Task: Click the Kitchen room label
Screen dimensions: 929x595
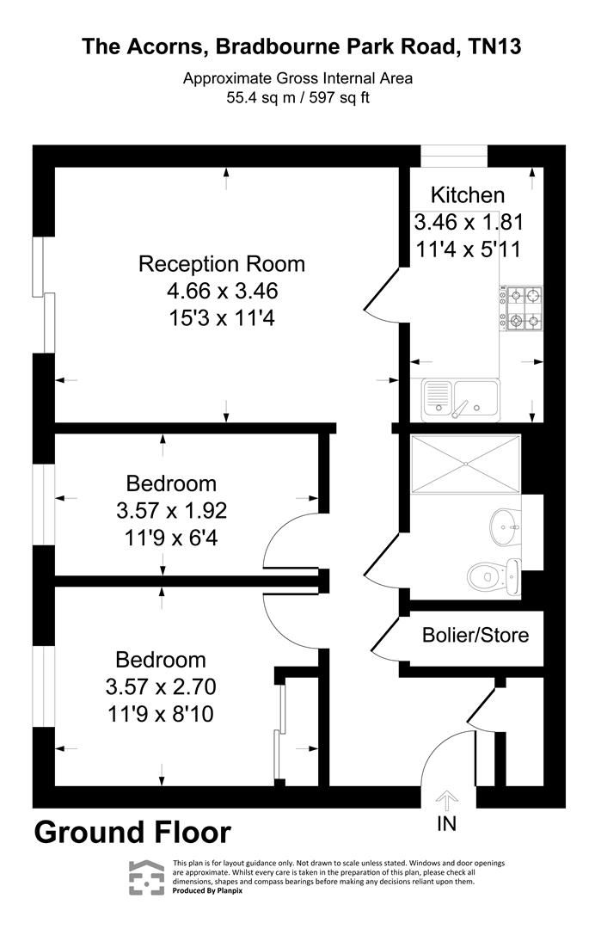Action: pos(468,194)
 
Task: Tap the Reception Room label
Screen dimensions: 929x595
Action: pos(222,263)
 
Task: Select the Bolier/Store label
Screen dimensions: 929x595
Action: pos(475,636)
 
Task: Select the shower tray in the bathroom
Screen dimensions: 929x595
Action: pos(466,464)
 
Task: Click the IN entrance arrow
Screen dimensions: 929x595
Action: pos(447,799)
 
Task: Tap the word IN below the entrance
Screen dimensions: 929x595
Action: pos(447,823)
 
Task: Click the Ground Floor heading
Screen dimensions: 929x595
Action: pos(132,833)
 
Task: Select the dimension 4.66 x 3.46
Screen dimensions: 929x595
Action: pos(223,291)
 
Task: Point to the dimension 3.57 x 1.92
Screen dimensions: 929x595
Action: pos(171,511)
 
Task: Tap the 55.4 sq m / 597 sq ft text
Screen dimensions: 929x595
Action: pos(297,97)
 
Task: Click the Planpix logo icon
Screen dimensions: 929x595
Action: pos(146,877)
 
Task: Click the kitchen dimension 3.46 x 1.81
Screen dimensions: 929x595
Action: pos(469,222)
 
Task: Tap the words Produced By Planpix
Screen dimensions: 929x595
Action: pos(209,891)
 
